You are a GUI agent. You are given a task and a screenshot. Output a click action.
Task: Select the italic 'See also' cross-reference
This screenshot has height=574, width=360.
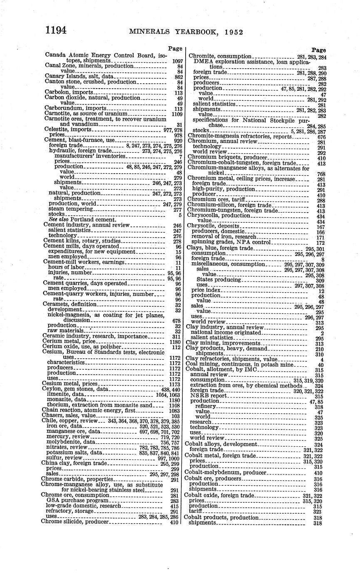click(x=57, y=220)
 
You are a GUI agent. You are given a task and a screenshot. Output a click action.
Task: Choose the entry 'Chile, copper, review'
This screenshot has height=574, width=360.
click(x=70, y=421)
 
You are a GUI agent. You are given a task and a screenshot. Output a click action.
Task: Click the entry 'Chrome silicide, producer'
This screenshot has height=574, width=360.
click(x=74, y=521)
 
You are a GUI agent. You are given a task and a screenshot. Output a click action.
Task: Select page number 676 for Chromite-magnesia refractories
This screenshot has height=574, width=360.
click(x=321, y=136)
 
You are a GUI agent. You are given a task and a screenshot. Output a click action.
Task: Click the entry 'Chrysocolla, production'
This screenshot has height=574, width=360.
click(x=220, y=216)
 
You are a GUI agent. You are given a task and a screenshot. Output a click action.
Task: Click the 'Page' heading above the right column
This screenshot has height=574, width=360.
click(x=319, y=50)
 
